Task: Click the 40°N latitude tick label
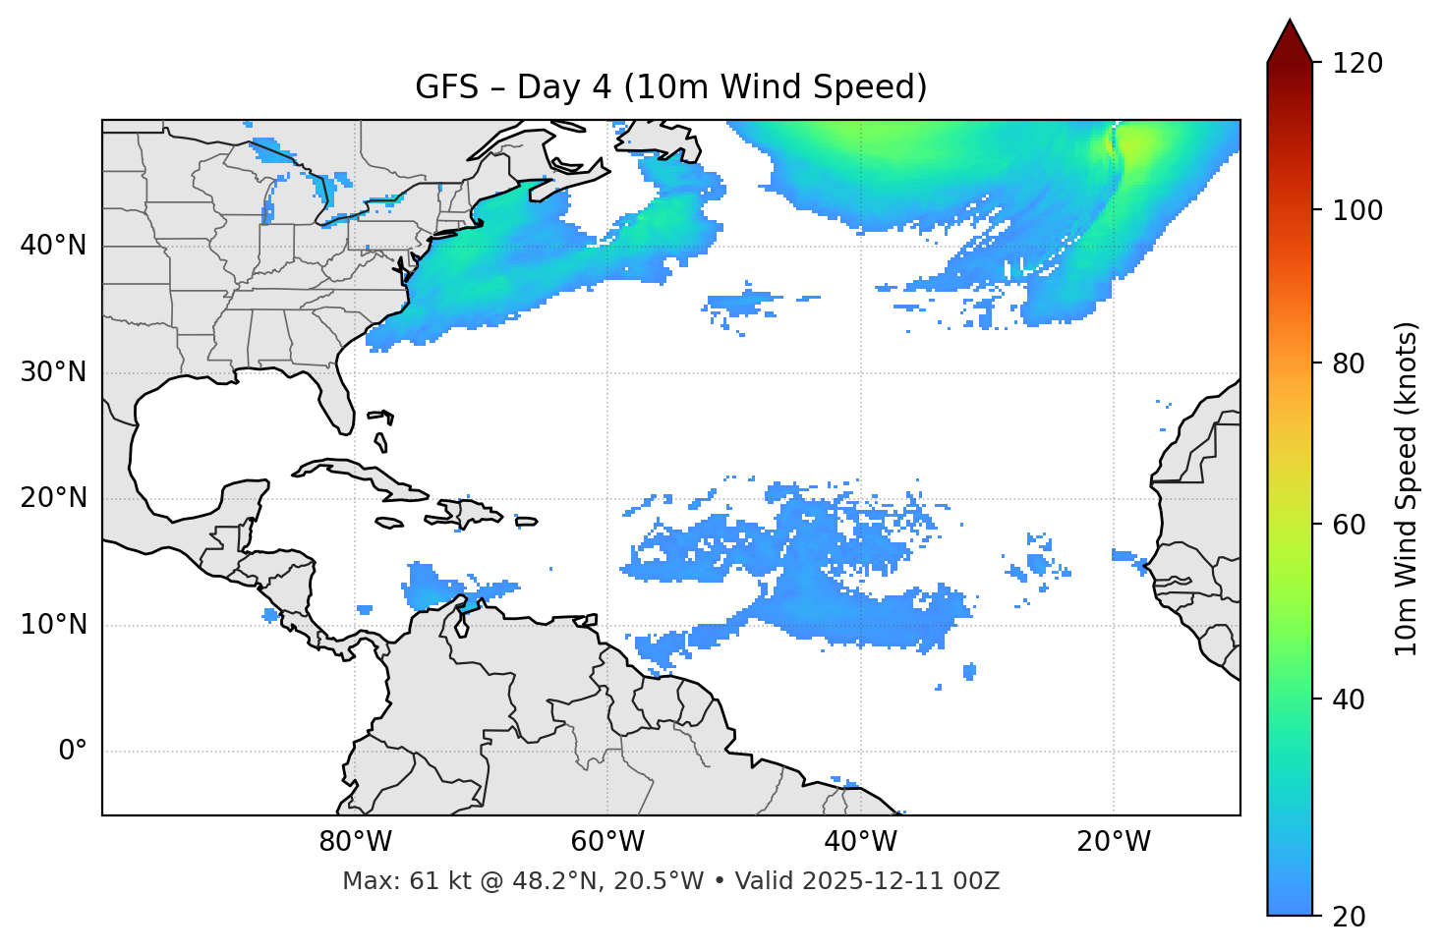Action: point(53,246)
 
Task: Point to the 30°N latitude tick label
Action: point(53,372)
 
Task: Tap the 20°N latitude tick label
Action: point(53,499)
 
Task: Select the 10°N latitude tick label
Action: point(53,625)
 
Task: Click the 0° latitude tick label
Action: point(73,752)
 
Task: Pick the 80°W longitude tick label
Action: point(355,842)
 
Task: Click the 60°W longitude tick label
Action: point(607,842)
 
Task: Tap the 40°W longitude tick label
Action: point(860,842)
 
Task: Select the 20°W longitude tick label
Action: point(1114,842)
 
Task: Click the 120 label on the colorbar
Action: point(1357,64)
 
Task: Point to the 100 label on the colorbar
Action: point(1357,210)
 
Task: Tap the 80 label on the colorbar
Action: point(1349,364)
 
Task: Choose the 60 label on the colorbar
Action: point(1349,525)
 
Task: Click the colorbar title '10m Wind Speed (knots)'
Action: point(1407,488)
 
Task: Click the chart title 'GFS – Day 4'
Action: point(671,87)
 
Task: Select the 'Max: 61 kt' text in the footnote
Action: point(406,881)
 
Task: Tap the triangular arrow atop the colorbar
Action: point(1290,41)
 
